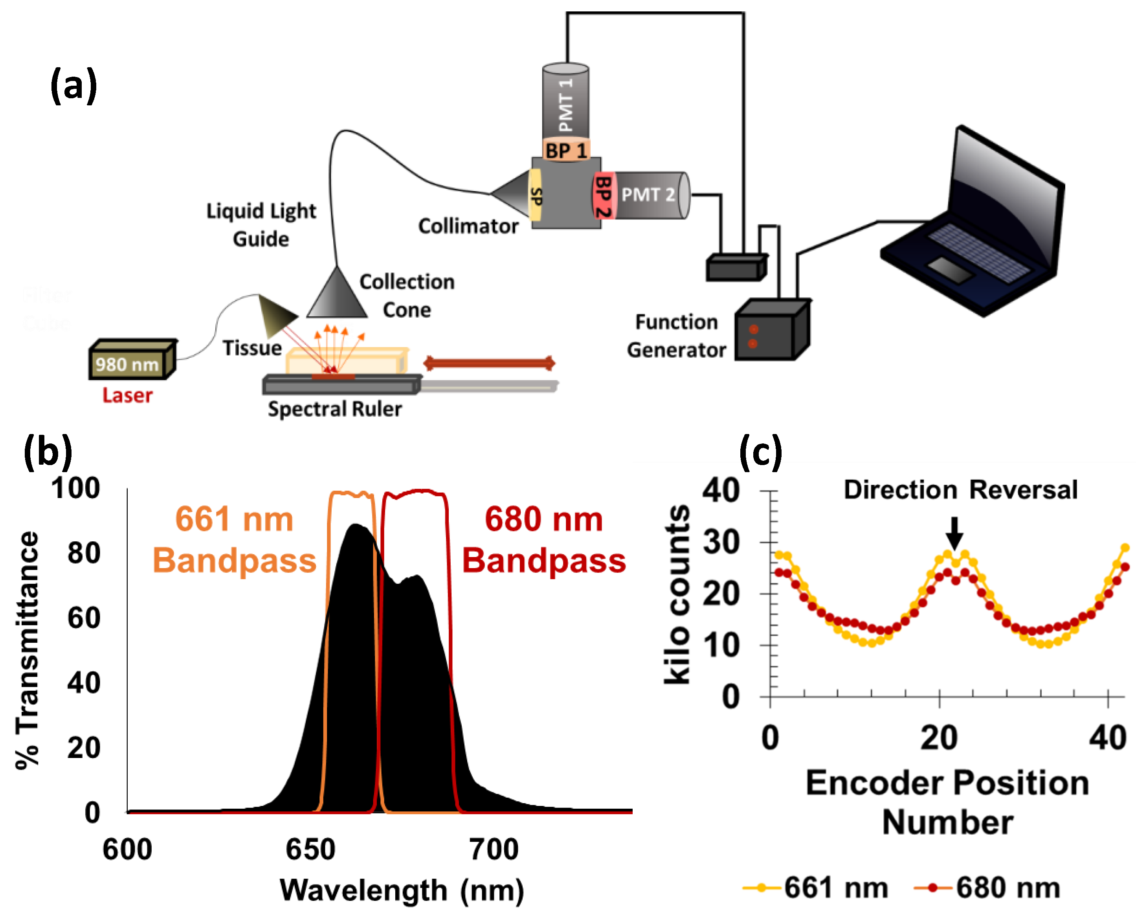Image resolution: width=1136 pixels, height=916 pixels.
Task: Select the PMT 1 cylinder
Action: pos(565,103)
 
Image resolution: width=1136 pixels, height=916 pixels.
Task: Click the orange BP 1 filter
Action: pos(566,151)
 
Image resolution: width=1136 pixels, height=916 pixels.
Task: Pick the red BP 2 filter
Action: pos(603,196)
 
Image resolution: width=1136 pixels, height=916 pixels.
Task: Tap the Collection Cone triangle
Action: pos(336,296)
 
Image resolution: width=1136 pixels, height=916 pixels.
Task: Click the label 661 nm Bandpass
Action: pos(234,539)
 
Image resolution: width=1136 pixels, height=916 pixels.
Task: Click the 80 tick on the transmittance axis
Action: pos(84,553)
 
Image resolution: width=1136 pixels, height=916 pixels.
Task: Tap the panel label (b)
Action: pos(48,452)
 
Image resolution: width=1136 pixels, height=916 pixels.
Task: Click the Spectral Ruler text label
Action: pos(335,409)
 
